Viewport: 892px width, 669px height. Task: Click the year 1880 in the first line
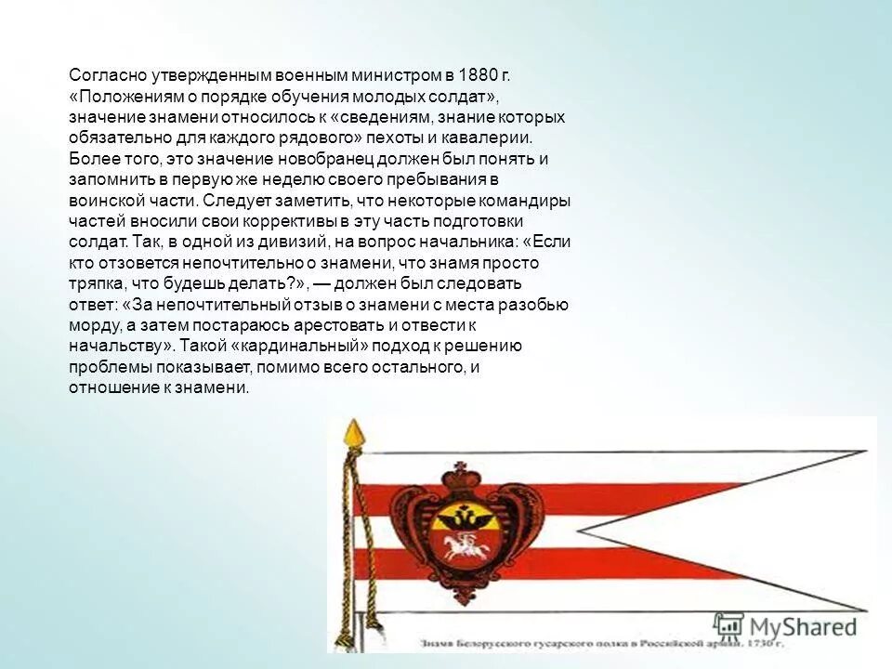pyautogui.click(x=483, y=75)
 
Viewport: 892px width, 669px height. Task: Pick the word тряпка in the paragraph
pyautogui.click(x=95, y=283)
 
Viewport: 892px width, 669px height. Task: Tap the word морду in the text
pyautogui.click(x=91, y=325)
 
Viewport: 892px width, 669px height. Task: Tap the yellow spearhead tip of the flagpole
pyautogui.click(x=352, y=430)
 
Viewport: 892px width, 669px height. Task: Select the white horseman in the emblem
pyautogui.click(x=456, y=544)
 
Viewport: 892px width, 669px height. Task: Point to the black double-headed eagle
pyautogui.click(x=458, y=515)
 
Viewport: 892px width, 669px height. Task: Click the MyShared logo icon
pyautogui.click(x=730, y=625)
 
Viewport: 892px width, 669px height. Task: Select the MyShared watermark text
pyautogui.click(x=805, y=627)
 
